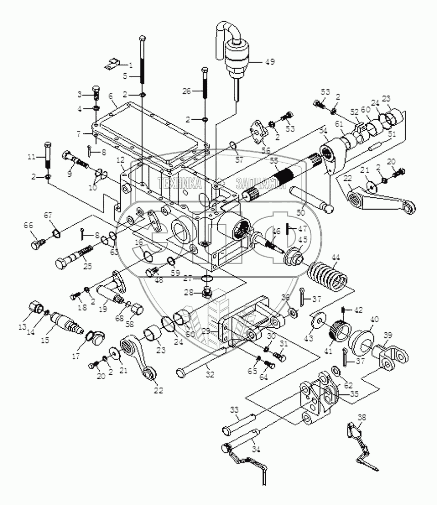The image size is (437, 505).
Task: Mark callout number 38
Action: tap(361, 417)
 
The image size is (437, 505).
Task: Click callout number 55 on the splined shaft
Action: tap(274, 161)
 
